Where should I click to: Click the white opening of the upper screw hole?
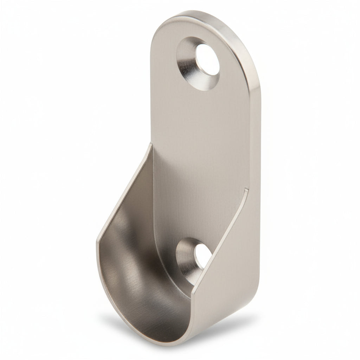(207, 60)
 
